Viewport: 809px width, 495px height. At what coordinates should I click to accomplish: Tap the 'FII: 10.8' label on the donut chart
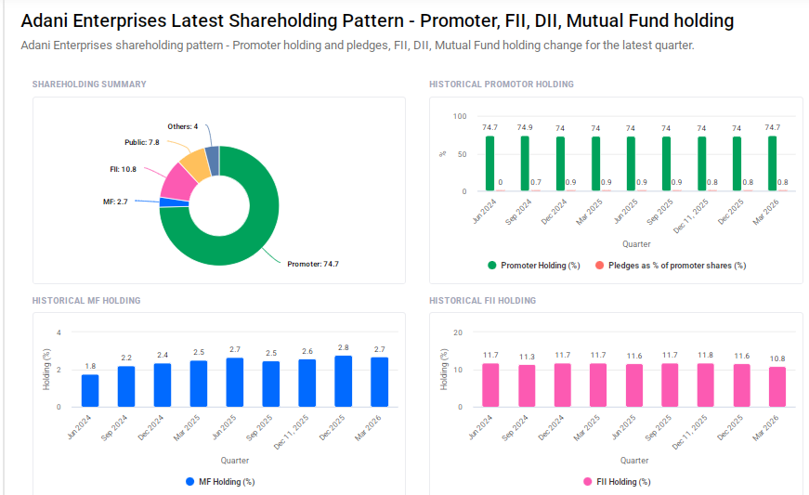pos(123,169)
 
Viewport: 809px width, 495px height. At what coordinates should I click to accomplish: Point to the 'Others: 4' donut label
pos(183,126)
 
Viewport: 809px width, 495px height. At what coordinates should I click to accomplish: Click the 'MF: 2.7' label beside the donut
pos(115,201)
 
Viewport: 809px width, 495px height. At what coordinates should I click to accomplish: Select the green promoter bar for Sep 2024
pos(525,163)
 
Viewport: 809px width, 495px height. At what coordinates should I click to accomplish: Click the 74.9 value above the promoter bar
pos(525,127)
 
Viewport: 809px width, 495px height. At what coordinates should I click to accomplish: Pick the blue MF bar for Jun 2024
pos(90,390)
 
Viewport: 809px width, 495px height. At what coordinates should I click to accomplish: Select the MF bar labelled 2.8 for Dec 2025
pos(344,381)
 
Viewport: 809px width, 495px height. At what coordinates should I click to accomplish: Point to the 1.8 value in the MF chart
pos(90,366)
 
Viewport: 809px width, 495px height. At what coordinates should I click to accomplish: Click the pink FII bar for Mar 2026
pos(777,386)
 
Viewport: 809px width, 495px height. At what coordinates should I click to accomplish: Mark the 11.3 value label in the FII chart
pos(527,357)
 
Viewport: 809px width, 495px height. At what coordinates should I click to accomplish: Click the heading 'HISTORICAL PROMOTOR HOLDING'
pos(502,85)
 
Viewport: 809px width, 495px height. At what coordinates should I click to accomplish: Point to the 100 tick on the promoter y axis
pos(459,116)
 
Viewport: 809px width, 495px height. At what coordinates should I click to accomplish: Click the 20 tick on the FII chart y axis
pos(457,332)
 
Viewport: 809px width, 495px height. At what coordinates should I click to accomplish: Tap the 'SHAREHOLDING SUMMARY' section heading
pos(89,85)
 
